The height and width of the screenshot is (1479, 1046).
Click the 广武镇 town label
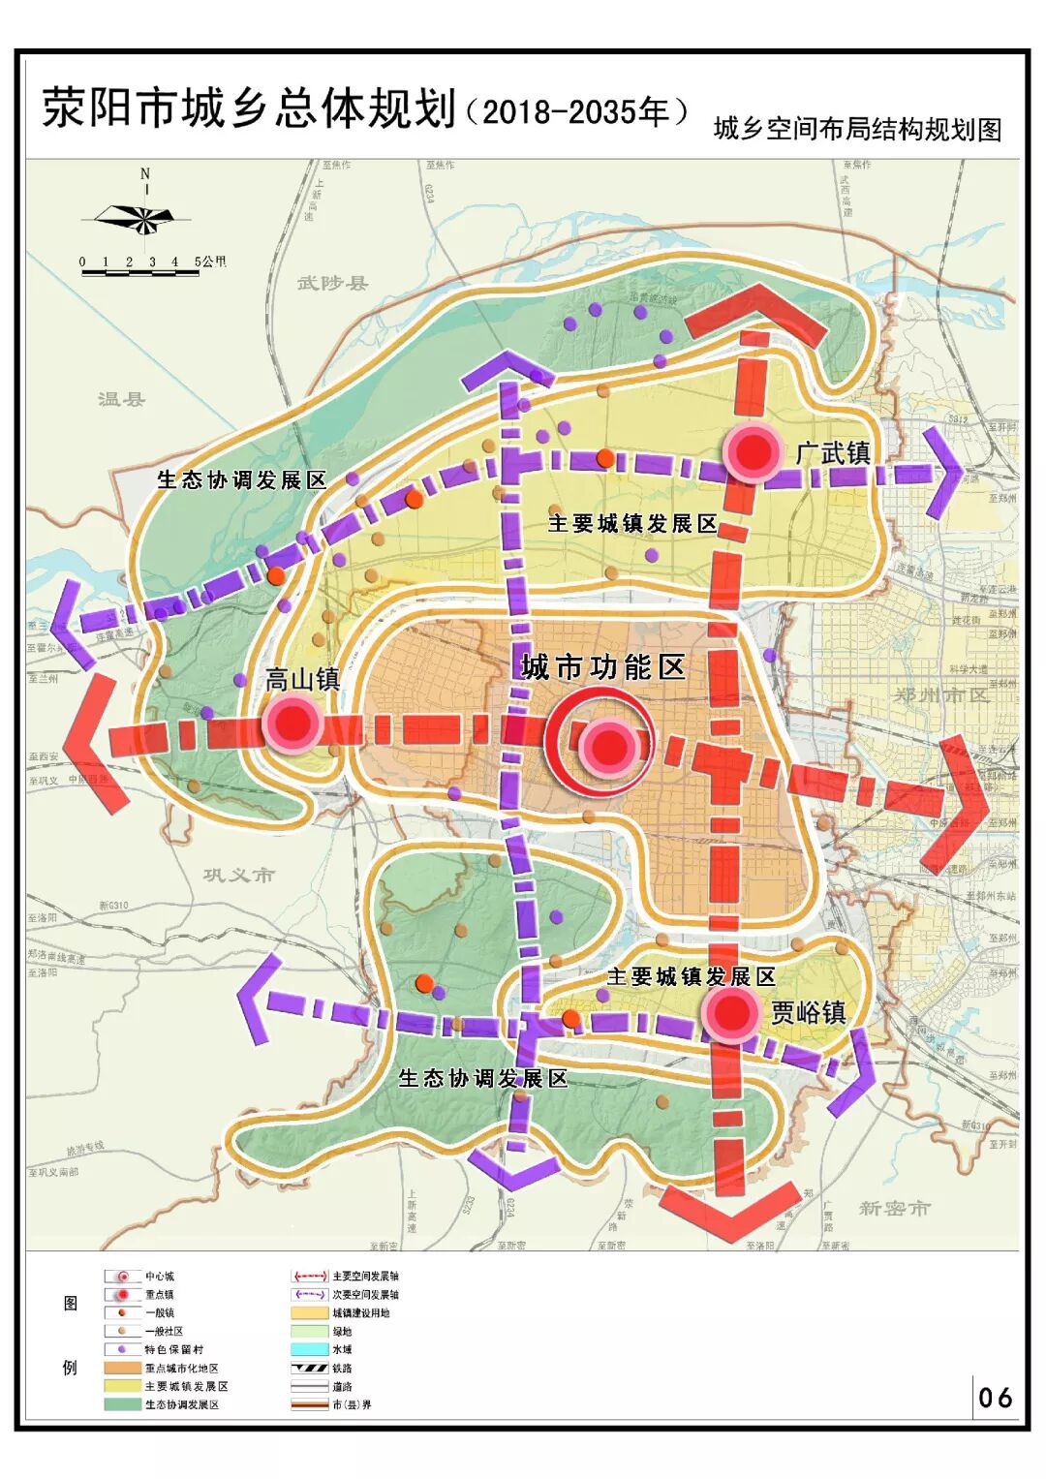[x=832, y=452]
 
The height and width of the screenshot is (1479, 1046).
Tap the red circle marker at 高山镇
[x=292, y=723]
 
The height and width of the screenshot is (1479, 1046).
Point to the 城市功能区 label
[x=602, y=667]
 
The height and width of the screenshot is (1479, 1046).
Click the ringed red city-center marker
[x=608, y=745]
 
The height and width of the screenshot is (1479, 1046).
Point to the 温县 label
[x=121, y=398]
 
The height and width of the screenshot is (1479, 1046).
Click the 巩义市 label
[x=238, y=875]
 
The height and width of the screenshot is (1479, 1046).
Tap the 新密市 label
[x=893, y=1208]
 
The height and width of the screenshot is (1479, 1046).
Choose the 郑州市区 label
[x=940, y=694]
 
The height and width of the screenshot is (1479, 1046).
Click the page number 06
[x=995, y=1398]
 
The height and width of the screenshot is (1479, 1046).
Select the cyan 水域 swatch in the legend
[x=310, y=1349]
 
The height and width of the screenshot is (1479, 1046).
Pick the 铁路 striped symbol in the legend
[x=310, y=1368]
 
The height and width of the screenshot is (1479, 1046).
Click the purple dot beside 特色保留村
[x=122, y=1349]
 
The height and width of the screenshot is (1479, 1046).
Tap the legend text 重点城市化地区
[x=181, y=1368]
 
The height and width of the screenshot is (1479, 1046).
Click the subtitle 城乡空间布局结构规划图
[x=857, y=129]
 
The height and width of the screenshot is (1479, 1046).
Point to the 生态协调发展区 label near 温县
[x=242, y=479]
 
